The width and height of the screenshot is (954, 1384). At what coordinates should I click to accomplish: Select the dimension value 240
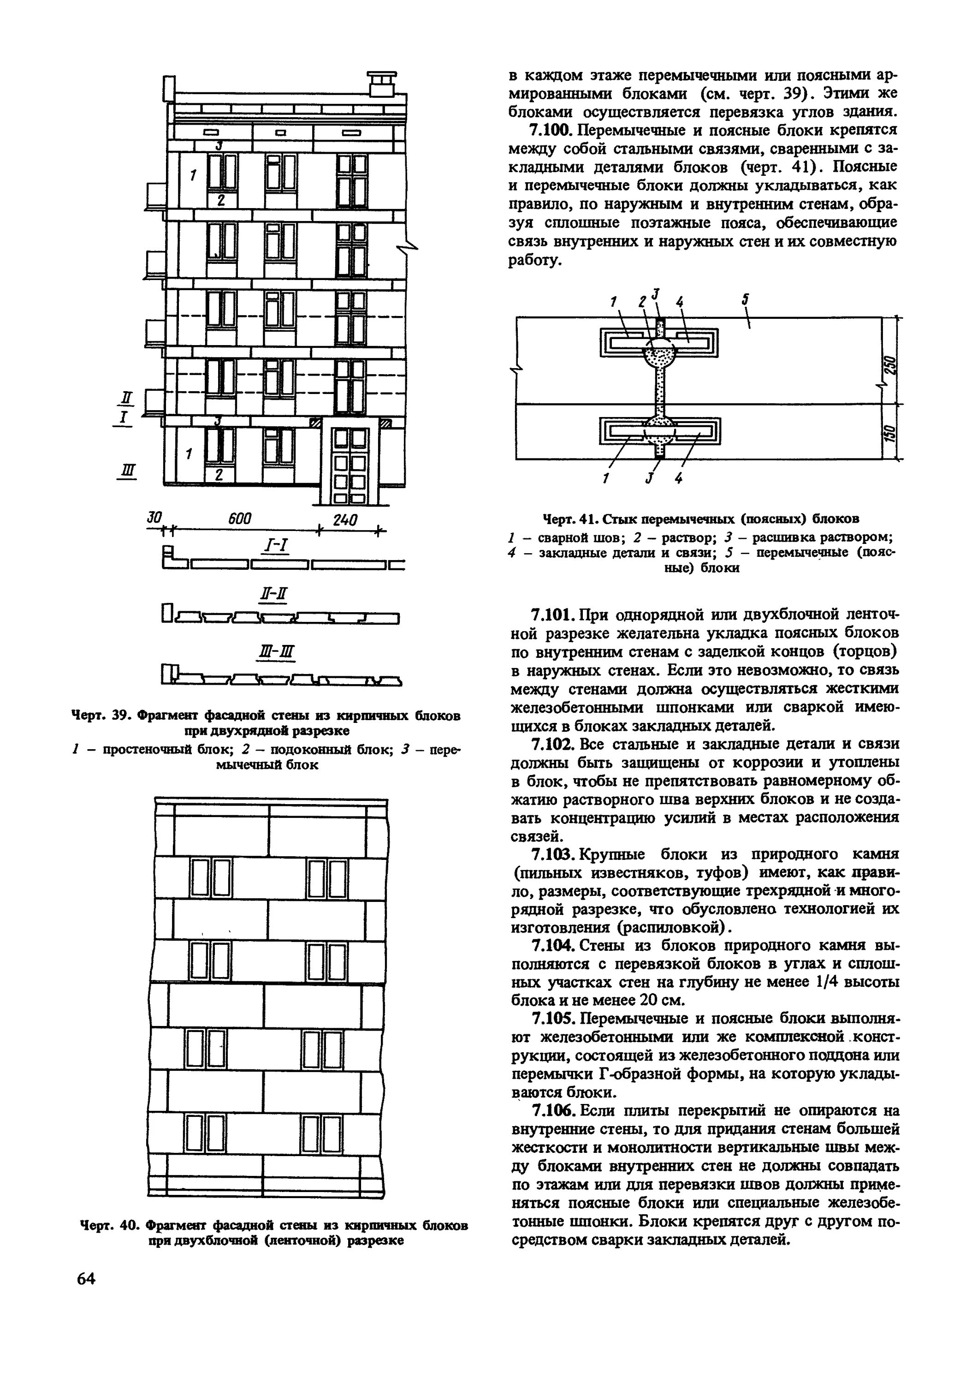345,520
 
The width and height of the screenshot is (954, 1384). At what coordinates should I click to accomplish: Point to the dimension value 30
155,518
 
